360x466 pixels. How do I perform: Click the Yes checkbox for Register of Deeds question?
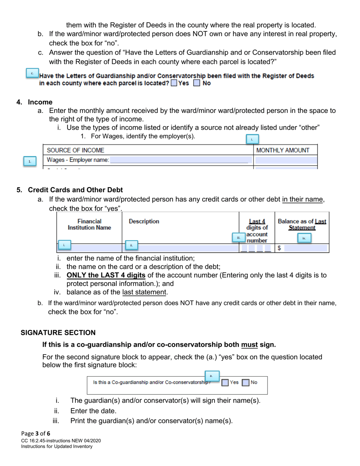[x=174, y=83]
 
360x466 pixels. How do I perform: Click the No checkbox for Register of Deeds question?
[x=196, y=83]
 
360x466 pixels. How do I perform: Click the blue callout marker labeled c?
[x=32, y=73]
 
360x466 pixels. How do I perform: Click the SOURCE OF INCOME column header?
[x=75, y=150]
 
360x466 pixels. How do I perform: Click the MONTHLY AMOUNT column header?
[x=283, y=150]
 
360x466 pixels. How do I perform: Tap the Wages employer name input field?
[x=180, y=160]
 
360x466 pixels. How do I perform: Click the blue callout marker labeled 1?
[x=30, y=161]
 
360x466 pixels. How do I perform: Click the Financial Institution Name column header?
[x=89, y=224]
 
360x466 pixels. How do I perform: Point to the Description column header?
[x=144, y=221]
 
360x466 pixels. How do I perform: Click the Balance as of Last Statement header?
[x=302, y=224]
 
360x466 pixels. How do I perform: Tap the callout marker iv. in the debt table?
[x=304, y=238]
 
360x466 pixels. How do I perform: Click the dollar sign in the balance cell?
[x=279, y=248]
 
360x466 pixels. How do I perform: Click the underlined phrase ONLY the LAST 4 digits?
[x=106, y=275]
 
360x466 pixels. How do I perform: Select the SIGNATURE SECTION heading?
[x=58, y=333]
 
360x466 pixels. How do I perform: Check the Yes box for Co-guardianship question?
[x=225, y=383]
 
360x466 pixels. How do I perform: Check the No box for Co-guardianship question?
[x=246, y=383]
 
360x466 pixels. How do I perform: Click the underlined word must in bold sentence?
[x=249, y=345]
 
